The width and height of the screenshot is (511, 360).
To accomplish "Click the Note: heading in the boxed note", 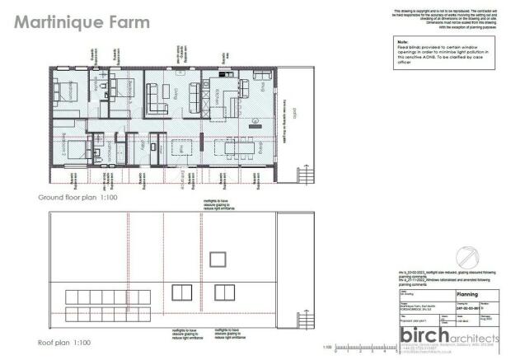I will tap(403, 41).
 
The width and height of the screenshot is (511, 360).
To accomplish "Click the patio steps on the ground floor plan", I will tap(306, 176).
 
